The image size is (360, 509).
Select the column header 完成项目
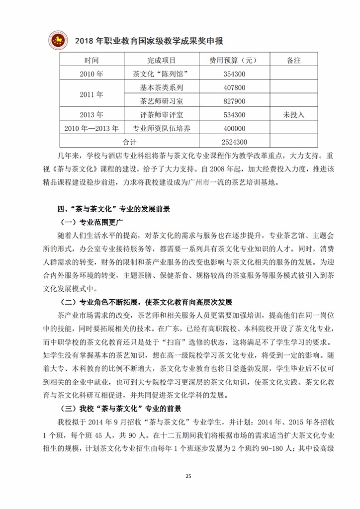point(162,60)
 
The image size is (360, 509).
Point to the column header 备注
point(294,60)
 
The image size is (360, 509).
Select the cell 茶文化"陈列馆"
point(162,74)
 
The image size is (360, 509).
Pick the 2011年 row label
point(91,94)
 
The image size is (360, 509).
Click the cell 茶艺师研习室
point(162,101)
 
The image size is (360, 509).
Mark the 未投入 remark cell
point(294,114)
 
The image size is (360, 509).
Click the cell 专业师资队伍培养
point(162,128)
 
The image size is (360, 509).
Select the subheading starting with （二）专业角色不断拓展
point(146,302)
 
